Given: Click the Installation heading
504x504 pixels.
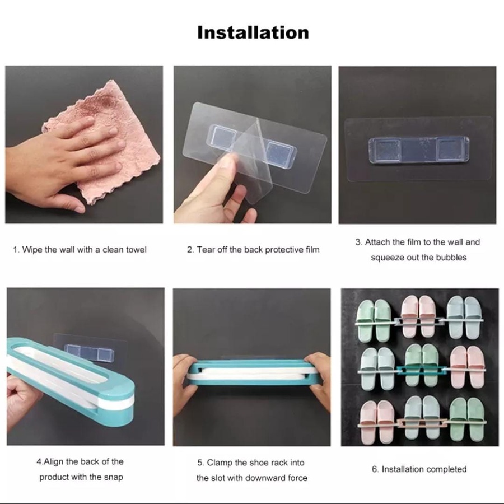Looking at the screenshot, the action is point(253,33).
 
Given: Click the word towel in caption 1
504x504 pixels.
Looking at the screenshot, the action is point(135,250).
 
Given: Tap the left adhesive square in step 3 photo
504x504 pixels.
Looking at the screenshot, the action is point(385,150).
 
